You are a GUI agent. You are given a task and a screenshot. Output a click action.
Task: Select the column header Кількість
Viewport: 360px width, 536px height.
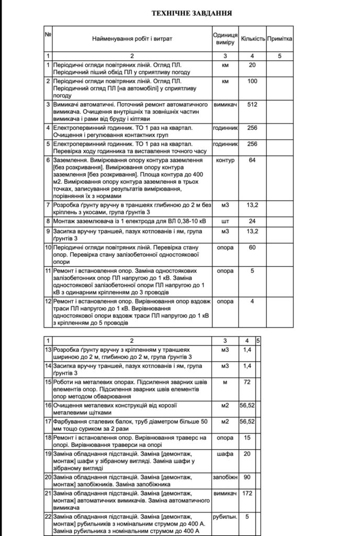point(253,39)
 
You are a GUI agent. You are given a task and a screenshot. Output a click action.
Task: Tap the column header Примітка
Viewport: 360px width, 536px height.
point(279,39)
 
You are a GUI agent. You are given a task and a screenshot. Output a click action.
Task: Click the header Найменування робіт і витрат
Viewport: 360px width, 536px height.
point(132,39)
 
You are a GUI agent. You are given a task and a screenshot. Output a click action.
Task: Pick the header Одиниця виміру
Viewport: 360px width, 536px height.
point(226,38)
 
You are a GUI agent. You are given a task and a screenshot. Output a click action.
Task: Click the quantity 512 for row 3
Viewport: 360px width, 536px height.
point(253,105)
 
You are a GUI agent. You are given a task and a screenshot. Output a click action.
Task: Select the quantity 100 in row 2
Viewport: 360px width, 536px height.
point(253,82)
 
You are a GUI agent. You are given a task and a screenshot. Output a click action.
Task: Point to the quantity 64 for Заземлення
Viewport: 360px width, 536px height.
point(253,160)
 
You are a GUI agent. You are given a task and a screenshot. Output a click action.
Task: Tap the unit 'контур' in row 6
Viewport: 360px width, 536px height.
point(226,160)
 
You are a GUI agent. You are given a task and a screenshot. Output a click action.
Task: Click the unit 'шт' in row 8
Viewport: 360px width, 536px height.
point(226,221)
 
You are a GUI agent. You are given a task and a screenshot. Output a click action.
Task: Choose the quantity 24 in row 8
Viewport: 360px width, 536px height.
point(253,221)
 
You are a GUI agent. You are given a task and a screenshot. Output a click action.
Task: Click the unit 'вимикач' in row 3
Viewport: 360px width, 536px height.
point(226,105)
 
